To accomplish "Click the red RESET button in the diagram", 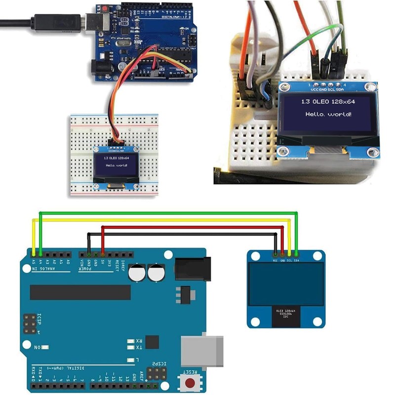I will click(x=190, y=382).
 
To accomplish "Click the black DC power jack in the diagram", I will click(x=193, y=270).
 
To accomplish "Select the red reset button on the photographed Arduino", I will click(x=106, y=9).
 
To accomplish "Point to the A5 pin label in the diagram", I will click(x=33, y=261).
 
